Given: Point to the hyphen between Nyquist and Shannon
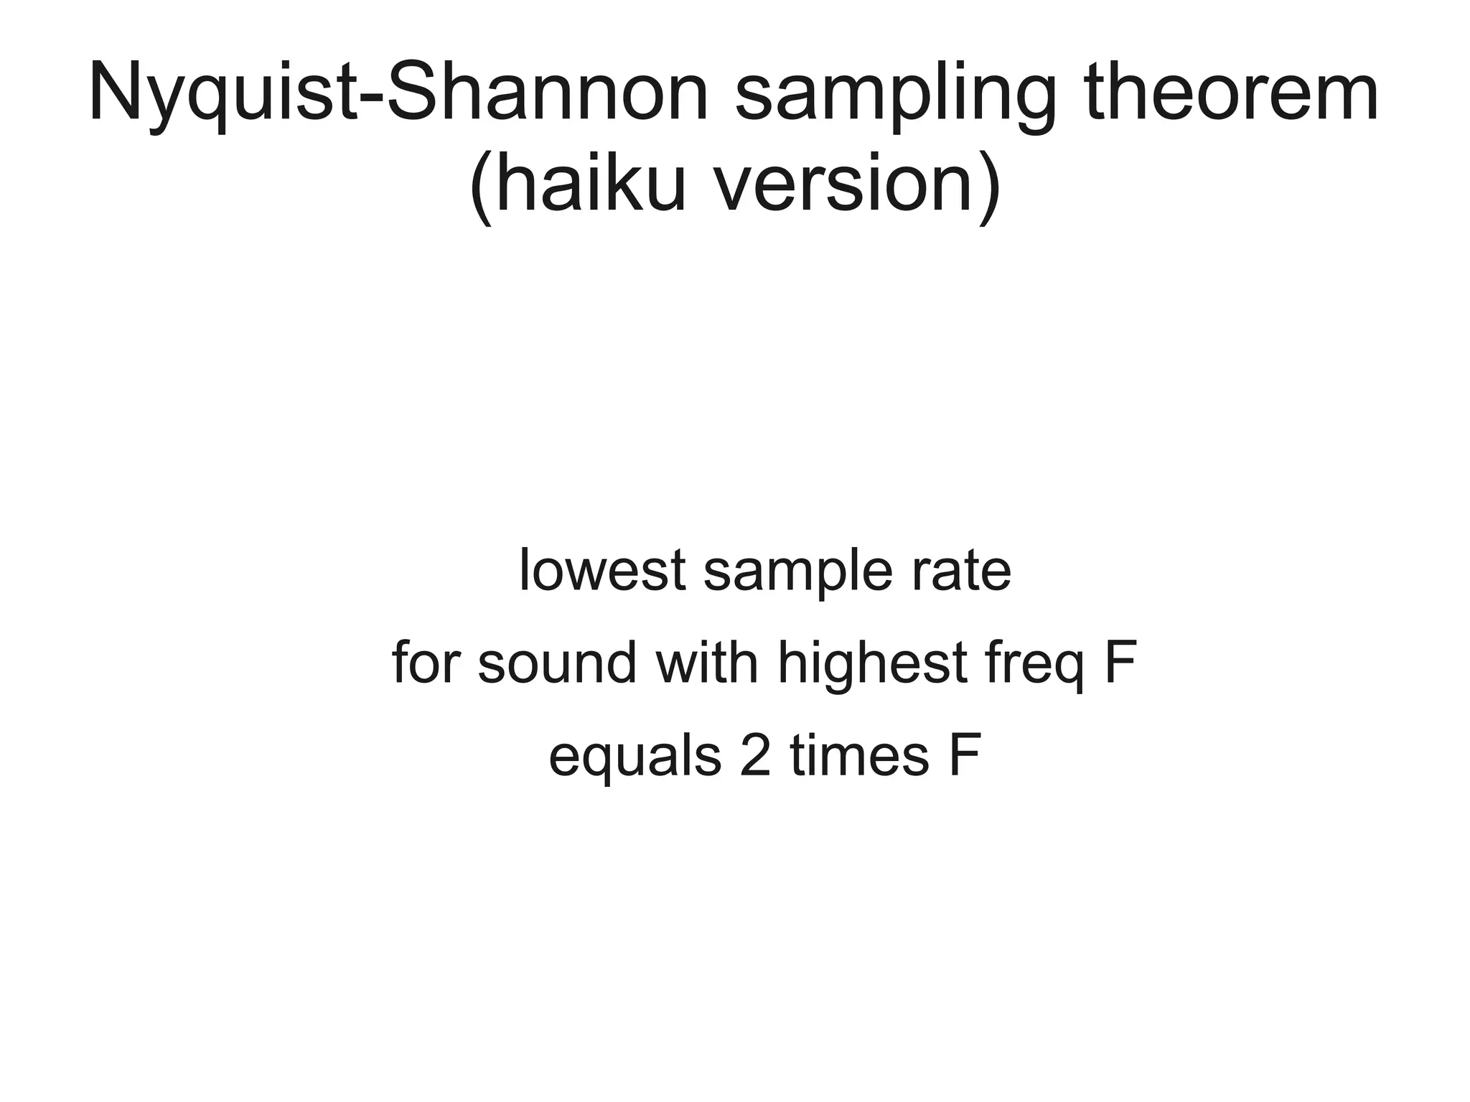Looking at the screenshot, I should pos(371,101).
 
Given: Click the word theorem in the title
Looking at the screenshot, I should pos(1232,93).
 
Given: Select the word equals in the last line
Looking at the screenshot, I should pos(635,757).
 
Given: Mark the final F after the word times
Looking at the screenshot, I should pos(964,756).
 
